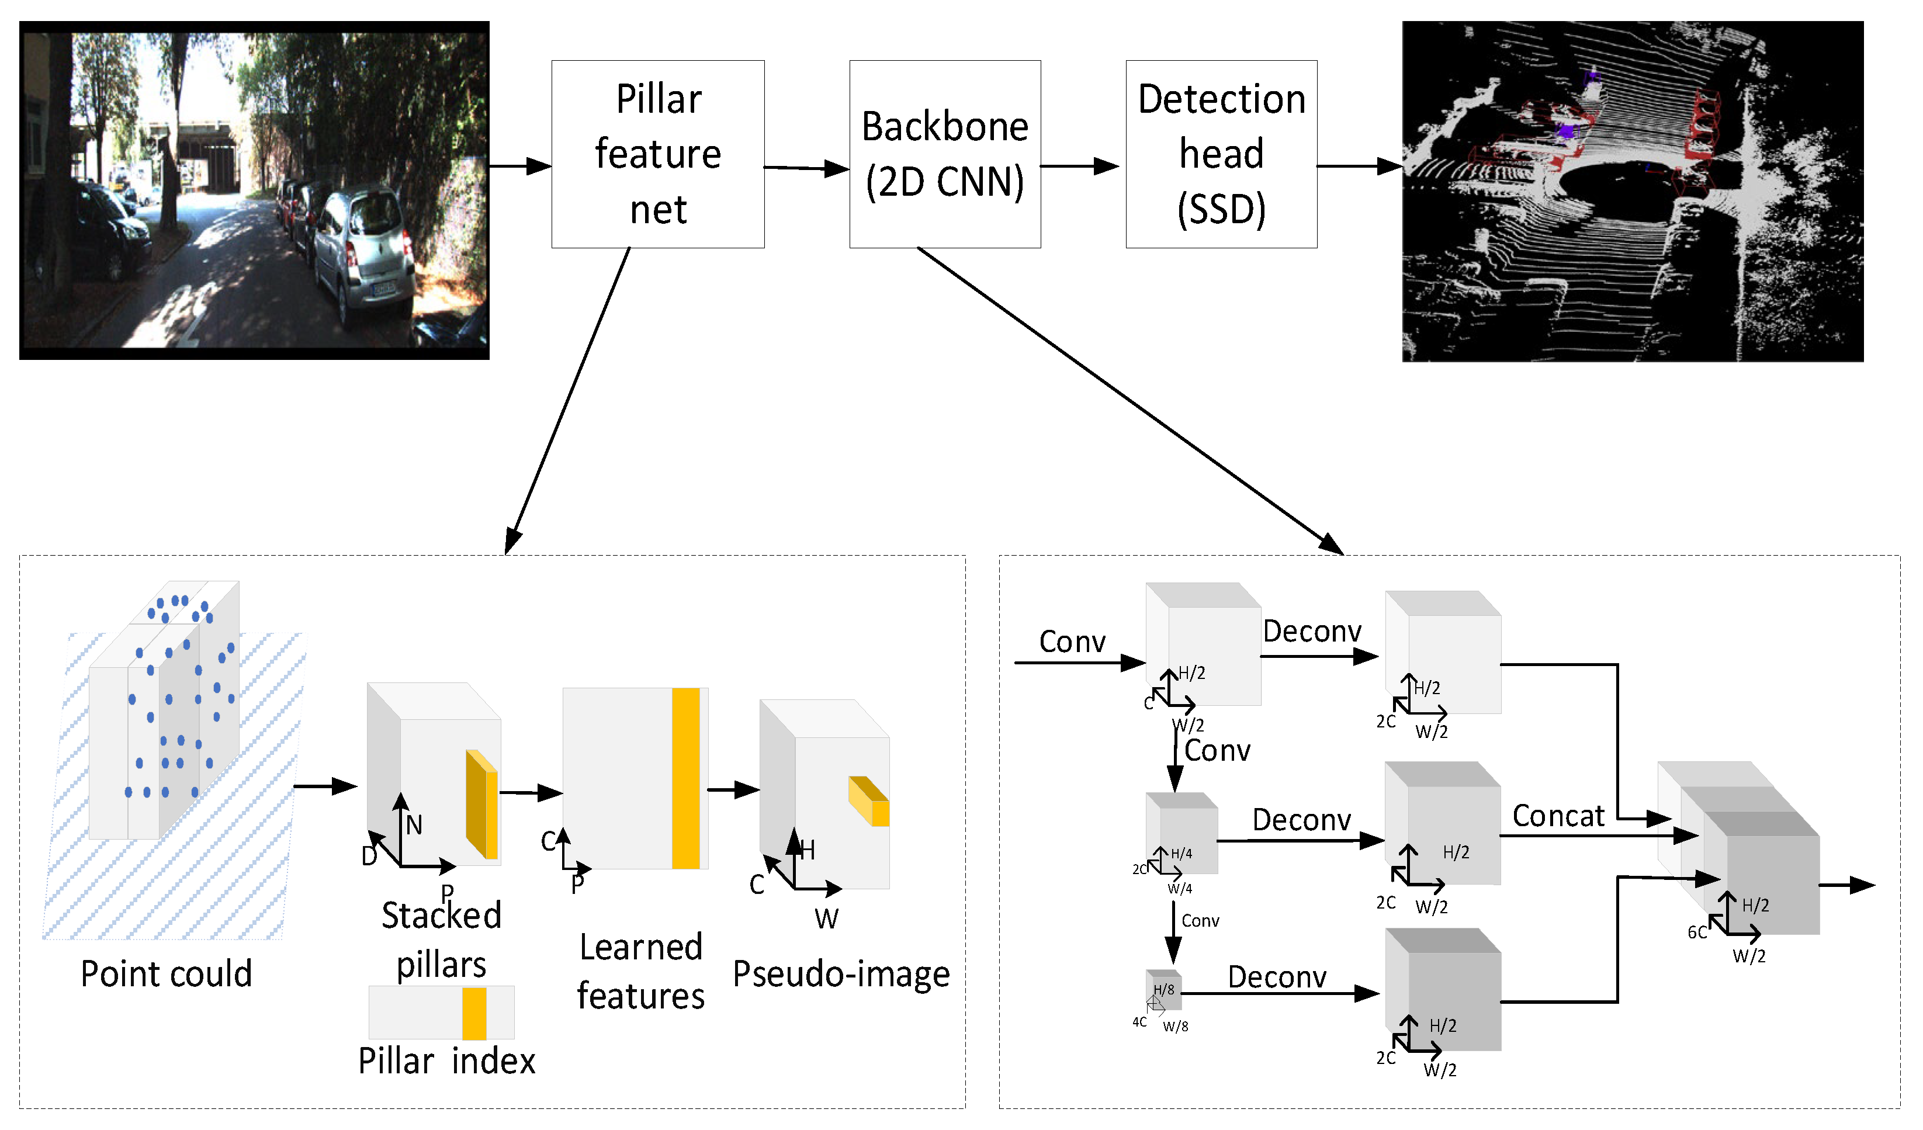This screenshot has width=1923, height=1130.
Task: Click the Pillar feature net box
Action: (x=658, y=154)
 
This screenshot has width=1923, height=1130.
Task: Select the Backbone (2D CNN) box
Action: (x=945, y=154)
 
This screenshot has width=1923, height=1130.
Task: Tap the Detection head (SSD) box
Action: (x=1221, y=154)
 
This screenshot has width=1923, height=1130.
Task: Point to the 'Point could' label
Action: (x=167, y=975)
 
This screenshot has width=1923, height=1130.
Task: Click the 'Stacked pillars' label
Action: (x=441, y=940)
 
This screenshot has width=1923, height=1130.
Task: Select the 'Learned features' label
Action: (x=640, y=971)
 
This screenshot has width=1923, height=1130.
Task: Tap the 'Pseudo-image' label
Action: (x=841, y=975)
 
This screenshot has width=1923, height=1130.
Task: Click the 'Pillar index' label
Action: (x=446, y=1060)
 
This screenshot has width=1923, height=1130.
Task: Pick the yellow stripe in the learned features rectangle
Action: (x=685, y=778)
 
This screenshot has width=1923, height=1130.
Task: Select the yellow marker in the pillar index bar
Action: (x=474, y=1013)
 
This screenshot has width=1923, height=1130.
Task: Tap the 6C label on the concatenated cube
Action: (x=1696, y=933)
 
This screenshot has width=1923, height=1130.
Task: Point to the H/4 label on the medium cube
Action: (x=1181, y=854)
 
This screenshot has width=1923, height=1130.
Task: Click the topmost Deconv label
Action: (x=1312, y=632)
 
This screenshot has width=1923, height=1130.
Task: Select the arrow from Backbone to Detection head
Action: (x=1079, y=167)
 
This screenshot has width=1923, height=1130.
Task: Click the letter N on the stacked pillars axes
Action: (x=414, y=825)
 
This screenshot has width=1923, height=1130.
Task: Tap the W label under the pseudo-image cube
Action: (x=826, y=918)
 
